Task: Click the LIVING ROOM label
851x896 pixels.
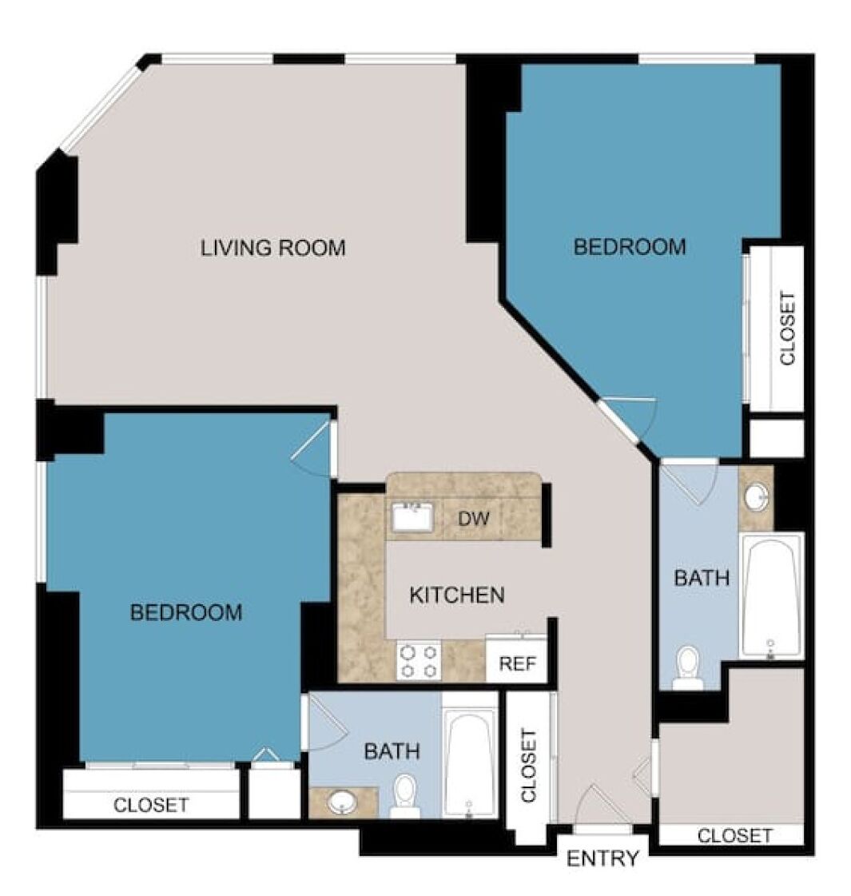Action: (273, 248)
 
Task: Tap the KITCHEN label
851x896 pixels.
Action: (457, 595)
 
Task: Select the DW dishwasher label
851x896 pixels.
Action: (474, 518)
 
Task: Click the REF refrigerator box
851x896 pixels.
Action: (517, 658)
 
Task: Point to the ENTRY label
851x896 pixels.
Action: (602, 858)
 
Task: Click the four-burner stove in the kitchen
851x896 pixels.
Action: (419, 660)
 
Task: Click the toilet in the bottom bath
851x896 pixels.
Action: (405, 795)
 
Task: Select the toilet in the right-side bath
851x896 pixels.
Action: (687, 668)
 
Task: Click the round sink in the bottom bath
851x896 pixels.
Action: (342, 802)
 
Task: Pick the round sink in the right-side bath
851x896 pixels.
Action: (757, 497)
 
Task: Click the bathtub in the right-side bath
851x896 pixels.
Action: (772, 596)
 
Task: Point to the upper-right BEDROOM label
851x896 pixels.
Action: (630, 247)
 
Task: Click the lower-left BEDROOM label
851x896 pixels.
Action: (186, 612)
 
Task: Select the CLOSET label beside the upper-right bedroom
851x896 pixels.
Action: (788, 329)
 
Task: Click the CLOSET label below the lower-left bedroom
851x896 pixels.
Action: (151, 805)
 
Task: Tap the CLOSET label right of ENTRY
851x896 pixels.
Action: (734, 836)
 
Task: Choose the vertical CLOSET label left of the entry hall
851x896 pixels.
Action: (529, 766)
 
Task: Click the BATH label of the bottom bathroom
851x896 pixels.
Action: (392, 751)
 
